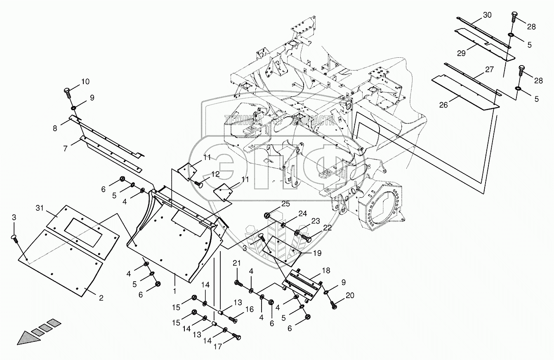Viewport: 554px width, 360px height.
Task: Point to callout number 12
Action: (215, 174)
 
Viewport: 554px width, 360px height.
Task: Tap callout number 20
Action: (350, 295)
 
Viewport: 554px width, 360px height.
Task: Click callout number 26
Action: (443, 105)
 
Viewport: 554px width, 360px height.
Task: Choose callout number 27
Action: (489, 69)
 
